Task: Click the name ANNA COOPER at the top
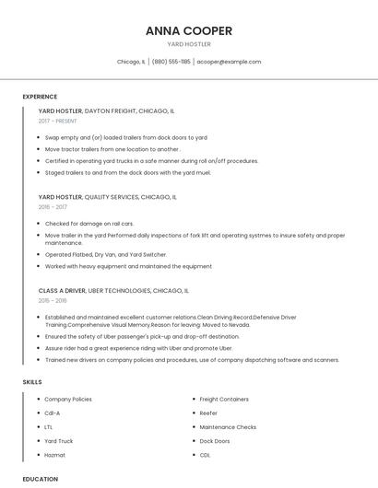[188, 30]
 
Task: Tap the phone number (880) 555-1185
[171, 62]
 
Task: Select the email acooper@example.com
[229, 62]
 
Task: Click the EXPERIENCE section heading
[40, 97]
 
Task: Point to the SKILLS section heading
[32, 381]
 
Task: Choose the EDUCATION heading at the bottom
[41, 479]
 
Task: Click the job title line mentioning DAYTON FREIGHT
[106, 110]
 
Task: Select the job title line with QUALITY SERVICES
[107, 197]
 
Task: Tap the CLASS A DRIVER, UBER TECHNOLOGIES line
[113, 290]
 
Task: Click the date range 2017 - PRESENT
[58, 121]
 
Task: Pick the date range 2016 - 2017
[53, 207]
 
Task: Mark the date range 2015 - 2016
[53, 300]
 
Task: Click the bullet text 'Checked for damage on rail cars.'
[89, 224]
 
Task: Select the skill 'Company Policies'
[68, 399]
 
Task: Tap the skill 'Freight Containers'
[224, 399]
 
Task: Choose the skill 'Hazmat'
[54, 455]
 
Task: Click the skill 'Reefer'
[208, 413]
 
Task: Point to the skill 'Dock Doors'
[215, 441]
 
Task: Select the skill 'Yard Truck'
[59, 441]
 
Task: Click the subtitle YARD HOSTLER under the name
[188, 44]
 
